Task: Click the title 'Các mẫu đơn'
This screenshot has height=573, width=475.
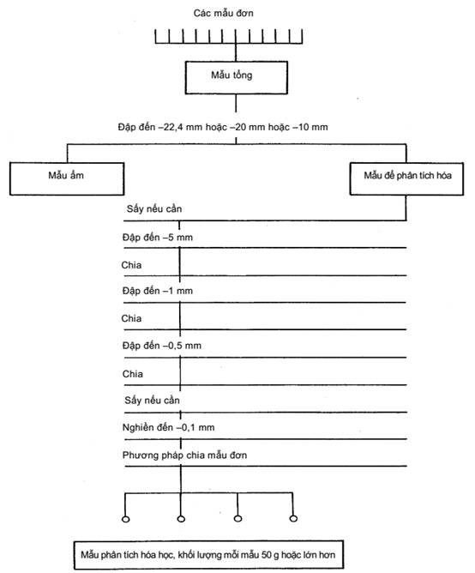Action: [x=223, y=13]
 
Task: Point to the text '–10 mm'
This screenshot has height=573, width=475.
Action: [x=310, y=127]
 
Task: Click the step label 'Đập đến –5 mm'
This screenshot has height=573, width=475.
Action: [x=158, y=238]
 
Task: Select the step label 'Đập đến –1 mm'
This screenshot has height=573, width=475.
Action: [x=158, y=291]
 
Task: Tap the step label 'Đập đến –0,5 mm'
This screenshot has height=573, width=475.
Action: [x=162, y=346]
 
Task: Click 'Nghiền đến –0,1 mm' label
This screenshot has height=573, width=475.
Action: [x=168, y=427]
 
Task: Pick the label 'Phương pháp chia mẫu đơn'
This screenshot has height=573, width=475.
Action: [x=184, y=455]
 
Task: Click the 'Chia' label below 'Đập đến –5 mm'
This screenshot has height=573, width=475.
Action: [x=131, y=265]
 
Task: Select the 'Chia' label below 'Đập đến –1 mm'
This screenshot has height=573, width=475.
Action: [x=131, y=318]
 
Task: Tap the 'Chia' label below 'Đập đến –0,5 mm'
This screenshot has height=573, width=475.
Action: [x=133, y=374]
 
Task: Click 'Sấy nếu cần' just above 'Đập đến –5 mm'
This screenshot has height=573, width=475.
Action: [x=154, y=208]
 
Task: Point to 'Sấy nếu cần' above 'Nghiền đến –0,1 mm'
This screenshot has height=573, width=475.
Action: [x=152, y=400]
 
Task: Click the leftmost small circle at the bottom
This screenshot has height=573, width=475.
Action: [x=126, y=519]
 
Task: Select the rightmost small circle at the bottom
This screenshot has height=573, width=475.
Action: [x=293, y=518]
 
